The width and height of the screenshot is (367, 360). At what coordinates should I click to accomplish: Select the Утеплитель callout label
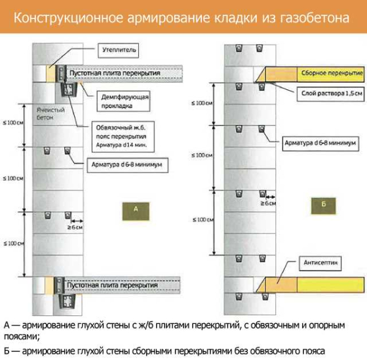click(120, 48)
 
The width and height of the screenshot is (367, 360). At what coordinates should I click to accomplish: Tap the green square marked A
click(137, 209)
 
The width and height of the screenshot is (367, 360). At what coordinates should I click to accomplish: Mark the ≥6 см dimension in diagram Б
click(267, 203)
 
